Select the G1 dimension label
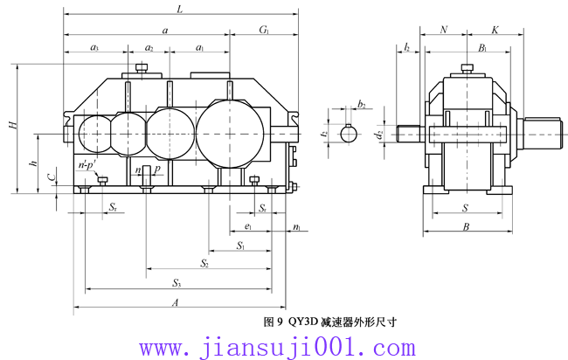(x=263, y=30)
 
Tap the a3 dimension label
(x=94, y=47)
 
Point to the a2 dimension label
(x=149, y=47)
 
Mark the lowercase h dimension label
(x=32, y=163)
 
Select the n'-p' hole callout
(x=87, y=164)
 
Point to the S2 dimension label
(x=204, y=262)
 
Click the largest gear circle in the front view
(x=229, y=133)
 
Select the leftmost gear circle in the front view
(x=94, y=134)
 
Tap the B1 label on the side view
(x=482, y=47)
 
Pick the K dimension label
(x=495, y=30)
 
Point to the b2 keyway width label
(x=361, y=103)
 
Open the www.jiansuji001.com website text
(x=283, y=348)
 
